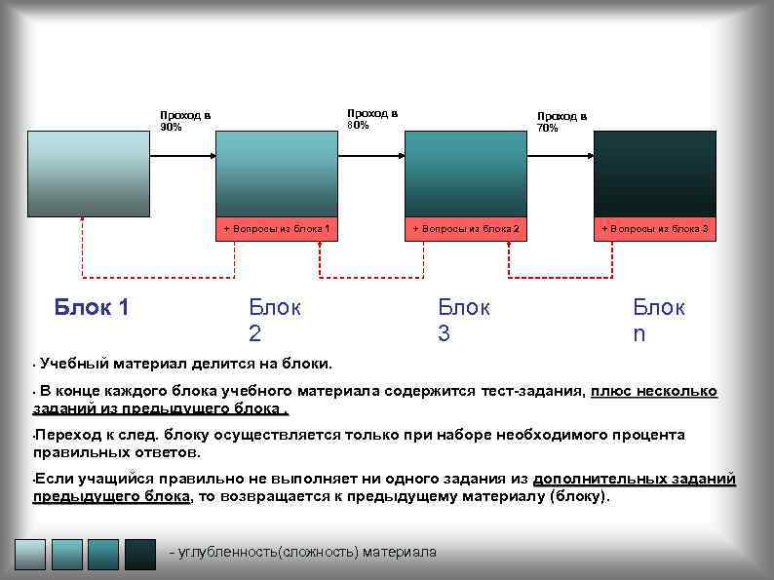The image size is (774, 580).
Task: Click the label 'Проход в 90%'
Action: (x=184, y=121)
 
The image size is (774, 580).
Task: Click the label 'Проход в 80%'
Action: (x=372, y=119)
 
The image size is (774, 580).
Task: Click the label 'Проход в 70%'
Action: (x=561, y=121)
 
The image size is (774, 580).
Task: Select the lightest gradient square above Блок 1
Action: (x=88, y=173)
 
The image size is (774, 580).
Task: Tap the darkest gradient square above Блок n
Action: (x=654, y=173)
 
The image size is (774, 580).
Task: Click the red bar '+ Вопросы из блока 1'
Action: (x=277, y=228)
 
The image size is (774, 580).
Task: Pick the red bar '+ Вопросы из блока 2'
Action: (x=465, y=228)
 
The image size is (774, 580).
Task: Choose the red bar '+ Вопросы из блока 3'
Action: (x=654, y=228)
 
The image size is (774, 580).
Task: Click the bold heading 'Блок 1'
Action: (x=92, y=308)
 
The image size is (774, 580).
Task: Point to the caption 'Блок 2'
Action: (x=275, y=321)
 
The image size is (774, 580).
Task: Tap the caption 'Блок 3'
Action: (x=464, y=321)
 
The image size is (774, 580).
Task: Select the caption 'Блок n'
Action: (x=659, y=321)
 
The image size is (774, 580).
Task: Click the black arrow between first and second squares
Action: (x=182, y=156)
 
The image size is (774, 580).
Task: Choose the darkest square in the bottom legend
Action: (x=139, y=554)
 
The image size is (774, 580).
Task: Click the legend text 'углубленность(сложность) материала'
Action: (x=303, y=553)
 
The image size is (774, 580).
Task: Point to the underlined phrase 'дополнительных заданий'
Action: (x=634, y=479)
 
